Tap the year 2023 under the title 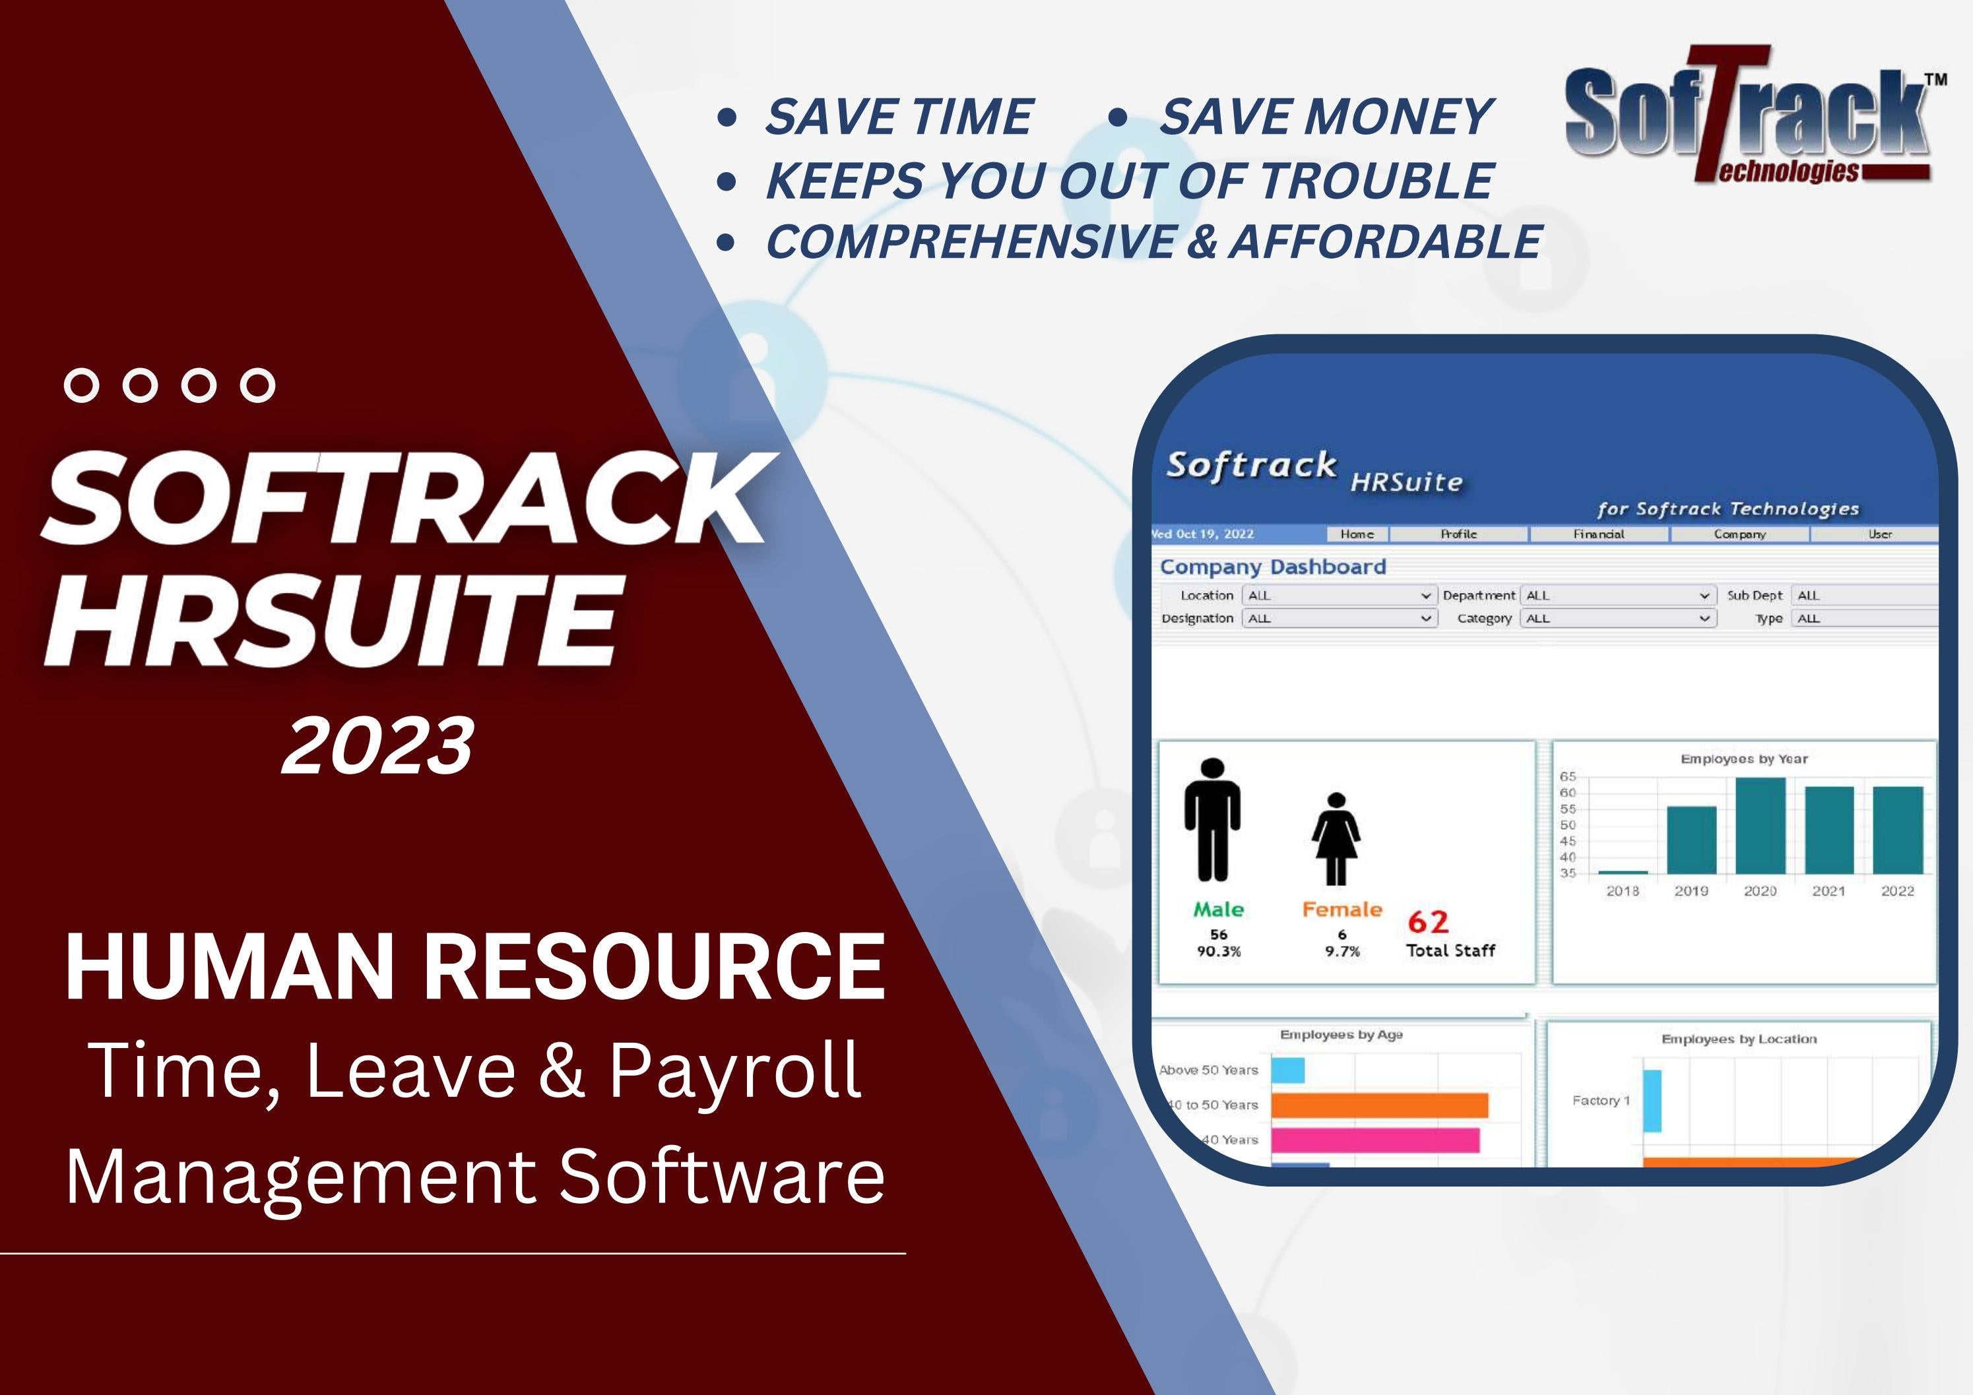[378, 745]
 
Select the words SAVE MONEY [1326, 116]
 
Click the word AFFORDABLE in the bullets [1385, 241]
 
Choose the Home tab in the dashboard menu [1357, 534]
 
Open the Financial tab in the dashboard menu [1598, 534]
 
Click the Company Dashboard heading [1273, 567]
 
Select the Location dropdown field [1339, 596]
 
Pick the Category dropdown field [1617, 619]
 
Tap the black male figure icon [1212, 821]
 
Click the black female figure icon [1336, 838]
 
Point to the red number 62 [1428, 921]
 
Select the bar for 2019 [1691, 840]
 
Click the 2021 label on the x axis [1828, 892]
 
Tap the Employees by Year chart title [1743, 759]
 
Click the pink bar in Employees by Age [1375, 1140]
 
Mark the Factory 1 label [1600, 1100]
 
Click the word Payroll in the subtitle [734, 1070]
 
